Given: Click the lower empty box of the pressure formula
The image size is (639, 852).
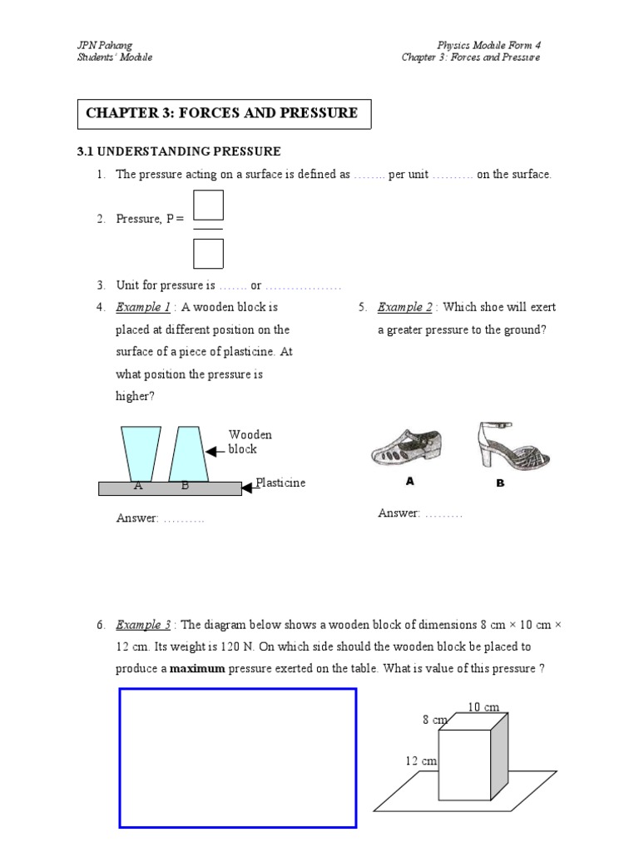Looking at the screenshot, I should click(x=208, y=253).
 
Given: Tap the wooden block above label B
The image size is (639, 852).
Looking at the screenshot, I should click(x=187, y=453).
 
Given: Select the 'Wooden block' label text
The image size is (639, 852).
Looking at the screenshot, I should click(x=250, y=442).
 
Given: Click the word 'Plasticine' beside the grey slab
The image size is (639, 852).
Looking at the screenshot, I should click(x=280, y=483).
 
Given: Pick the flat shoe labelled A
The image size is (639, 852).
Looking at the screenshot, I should click(x=407, y=452).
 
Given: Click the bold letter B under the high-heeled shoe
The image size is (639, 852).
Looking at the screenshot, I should click(x=501, y=483).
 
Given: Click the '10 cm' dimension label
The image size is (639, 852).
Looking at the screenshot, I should click(x=483, y=707).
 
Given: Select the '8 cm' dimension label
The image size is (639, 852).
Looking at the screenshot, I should click(x=434, y=720).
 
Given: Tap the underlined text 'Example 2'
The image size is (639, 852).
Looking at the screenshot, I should click(x=405, y=307).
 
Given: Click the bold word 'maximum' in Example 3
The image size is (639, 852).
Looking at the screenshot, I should click(x=197, y=667).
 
